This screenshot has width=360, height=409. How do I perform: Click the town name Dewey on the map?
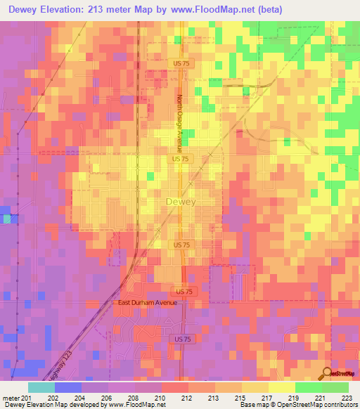[x=181, y=202]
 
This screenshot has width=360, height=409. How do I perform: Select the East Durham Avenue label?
[x=146, y=302]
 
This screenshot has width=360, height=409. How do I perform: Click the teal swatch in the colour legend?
[x=41, y=387]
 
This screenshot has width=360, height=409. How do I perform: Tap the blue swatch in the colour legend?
[x=68, y=387]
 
